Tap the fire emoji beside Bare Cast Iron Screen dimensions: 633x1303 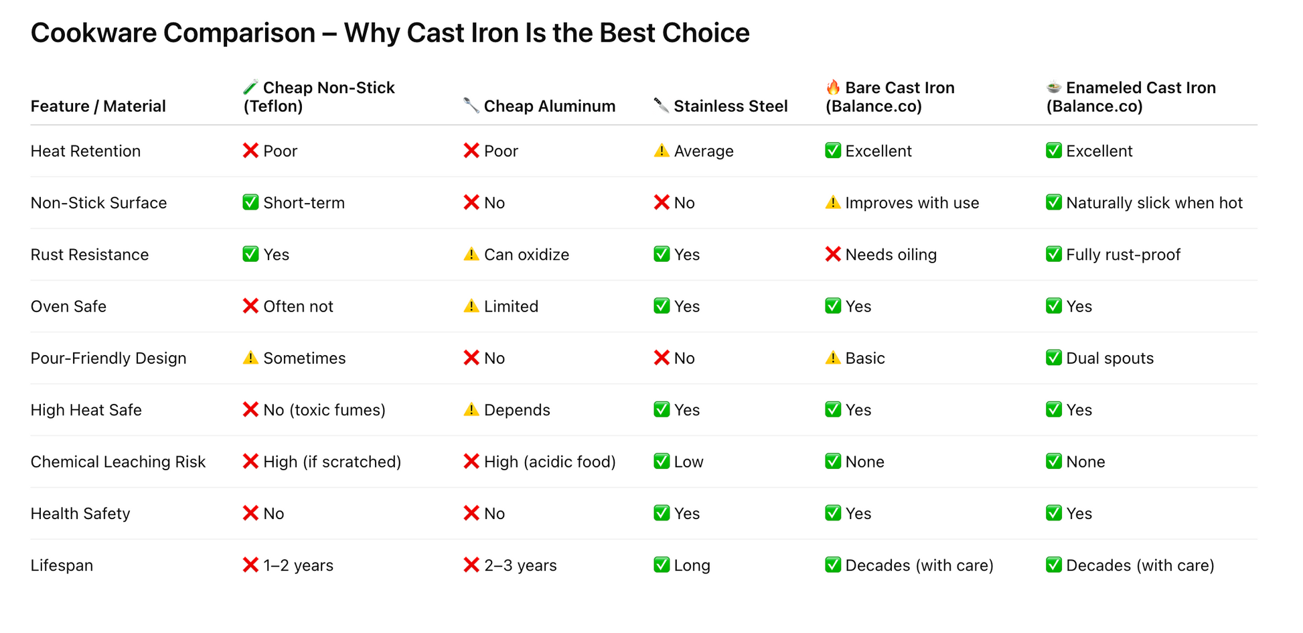[x=833, y=87]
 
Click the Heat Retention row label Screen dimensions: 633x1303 [x=86, y=151]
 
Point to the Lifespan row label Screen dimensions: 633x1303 [x=62, y=565]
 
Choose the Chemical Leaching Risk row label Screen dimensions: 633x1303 [x=118, y=462]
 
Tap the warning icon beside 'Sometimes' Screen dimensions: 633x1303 [x=250, y=358]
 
